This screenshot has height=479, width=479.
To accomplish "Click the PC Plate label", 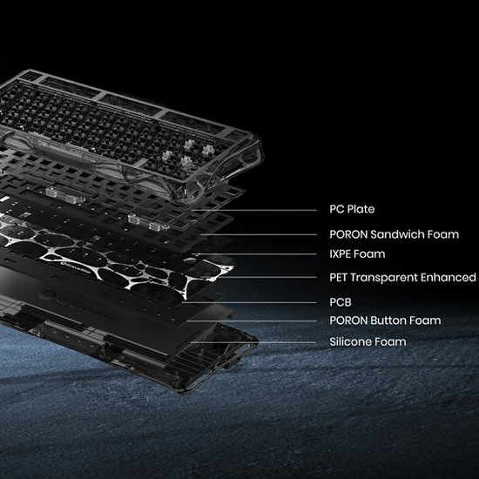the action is tap(352, 209).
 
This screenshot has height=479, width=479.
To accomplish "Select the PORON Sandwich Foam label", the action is tap(394, 234).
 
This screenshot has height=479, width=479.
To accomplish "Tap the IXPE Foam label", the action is tap(357, 253).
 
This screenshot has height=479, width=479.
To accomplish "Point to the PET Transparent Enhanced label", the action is tap(402, 277).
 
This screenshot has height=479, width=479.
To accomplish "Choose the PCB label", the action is tap(341, 302).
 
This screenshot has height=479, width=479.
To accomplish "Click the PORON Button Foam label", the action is tap(385, 320).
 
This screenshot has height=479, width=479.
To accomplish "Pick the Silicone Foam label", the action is tap(368, 341).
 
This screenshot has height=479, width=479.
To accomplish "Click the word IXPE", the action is tap(340, 253).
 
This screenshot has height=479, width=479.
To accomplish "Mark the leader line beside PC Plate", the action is tap(254, 210).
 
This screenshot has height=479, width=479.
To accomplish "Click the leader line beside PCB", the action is tap(249, 303).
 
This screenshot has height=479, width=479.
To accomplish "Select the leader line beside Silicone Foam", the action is tap(253, 342).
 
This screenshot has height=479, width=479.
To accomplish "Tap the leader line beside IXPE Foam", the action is tap(254, 254).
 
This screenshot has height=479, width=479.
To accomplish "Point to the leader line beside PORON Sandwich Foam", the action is tap(259, 235).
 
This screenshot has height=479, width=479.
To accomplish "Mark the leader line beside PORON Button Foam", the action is tap(252, 321).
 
